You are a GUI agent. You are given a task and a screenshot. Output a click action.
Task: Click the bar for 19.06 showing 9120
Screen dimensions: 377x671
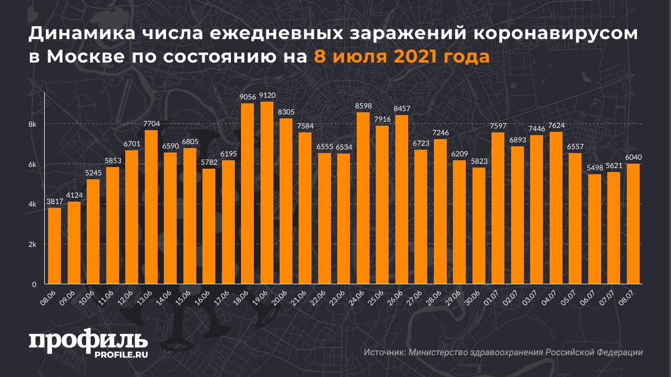[267, 193]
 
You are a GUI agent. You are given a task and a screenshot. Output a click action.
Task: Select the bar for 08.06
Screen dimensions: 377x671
[54, 246]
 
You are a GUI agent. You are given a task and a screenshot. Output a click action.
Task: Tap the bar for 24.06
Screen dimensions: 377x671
[363, 198]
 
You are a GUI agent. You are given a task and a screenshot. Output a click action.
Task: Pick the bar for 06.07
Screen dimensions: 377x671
[595, 229]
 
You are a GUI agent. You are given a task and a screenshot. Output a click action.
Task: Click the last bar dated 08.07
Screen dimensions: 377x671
[634, 223]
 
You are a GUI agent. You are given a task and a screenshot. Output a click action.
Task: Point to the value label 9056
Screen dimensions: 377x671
[247, 97]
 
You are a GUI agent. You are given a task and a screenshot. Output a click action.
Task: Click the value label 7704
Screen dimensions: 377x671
[151, 124]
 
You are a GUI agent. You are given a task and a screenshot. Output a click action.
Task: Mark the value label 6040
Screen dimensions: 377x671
[634, 158]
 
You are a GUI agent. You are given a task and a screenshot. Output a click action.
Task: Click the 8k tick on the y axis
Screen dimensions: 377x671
[32, 124]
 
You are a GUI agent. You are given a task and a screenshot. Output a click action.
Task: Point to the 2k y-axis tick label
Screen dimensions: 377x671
[32, 245]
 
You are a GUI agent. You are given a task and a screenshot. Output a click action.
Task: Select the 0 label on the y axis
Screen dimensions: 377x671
[34, 284]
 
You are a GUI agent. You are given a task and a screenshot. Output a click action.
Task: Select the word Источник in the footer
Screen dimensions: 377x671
[385, 352]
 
